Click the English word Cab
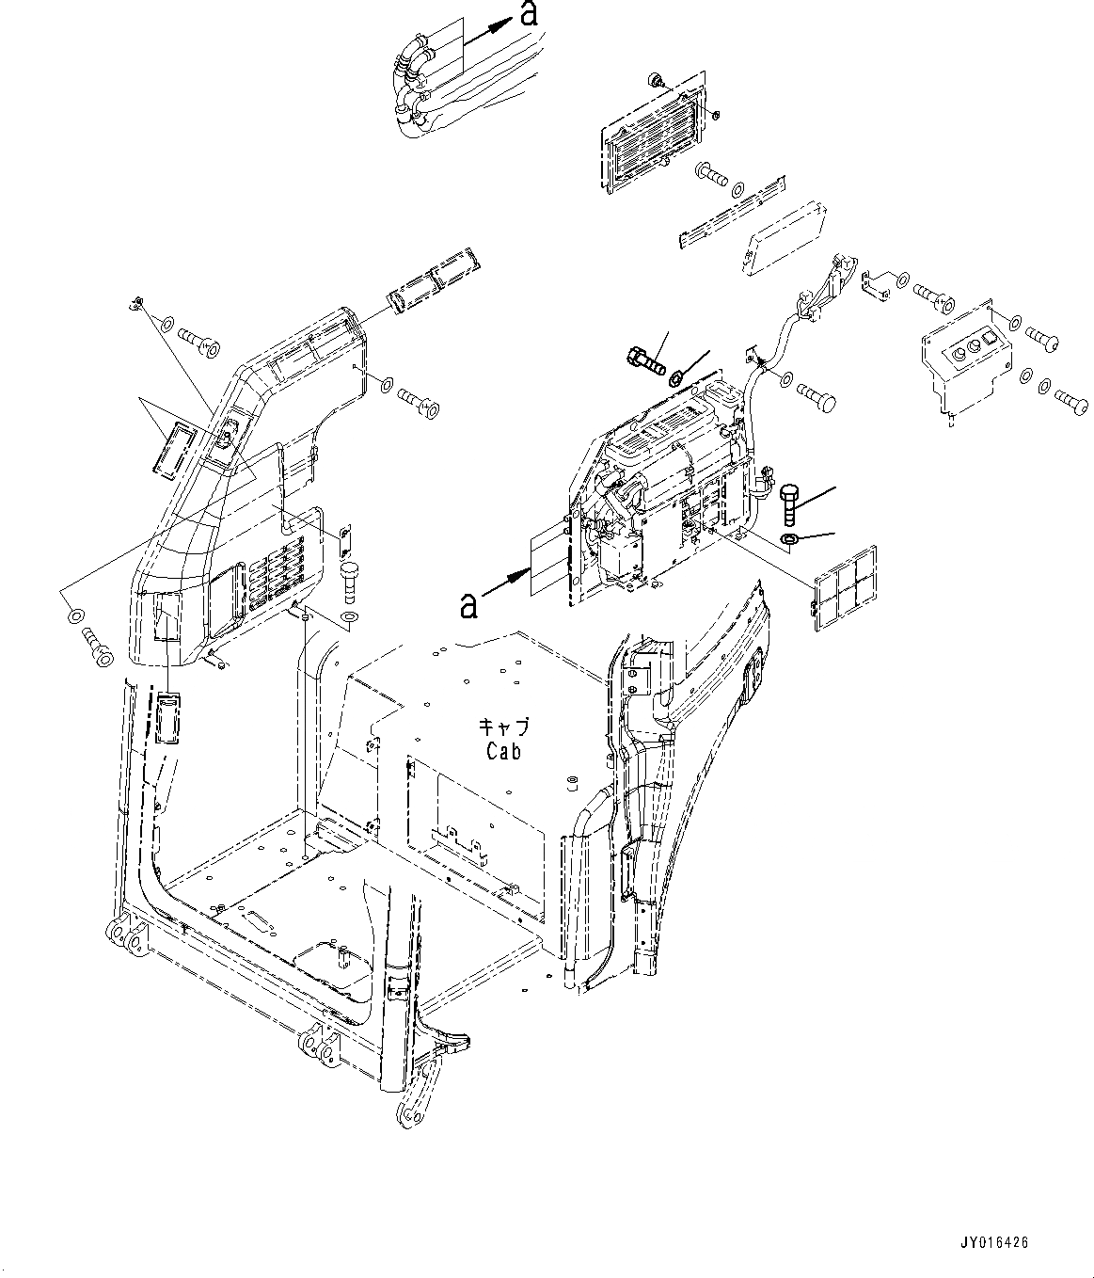tap(503, 751)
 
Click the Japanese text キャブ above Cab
tap(504, 727)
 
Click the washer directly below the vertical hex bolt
tap(790, 539)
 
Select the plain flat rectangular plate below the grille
tap(785, 240)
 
